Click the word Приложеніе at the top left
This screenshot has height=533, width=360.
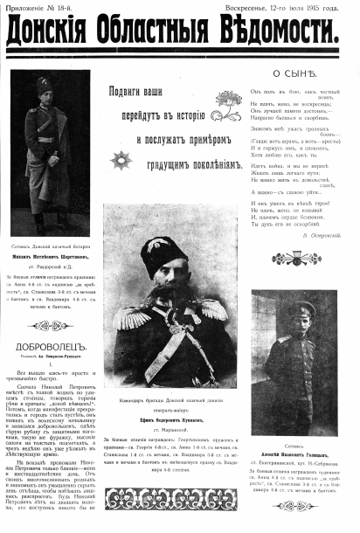click(x=30, y=7)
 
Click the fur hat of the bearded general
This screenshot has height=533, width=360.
click(x=161, y=248)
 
